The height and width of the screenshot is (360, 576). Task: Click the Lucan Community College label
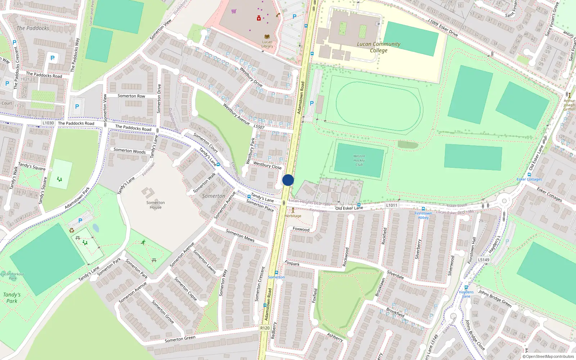378,47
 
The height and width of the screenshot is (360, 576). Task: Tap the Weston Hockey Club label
359,160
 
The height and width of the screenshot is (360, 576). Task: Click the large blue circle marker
288,180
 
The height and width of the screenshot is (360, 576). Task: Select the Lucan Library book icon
267,37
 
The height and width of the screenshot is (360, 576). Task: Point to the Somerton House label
156,205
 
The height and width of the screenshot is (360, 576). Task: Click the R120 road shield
265,328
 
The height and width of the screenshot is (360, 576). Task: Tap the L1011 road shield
392,205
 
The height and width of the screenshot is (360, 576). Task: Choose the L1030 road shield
48,123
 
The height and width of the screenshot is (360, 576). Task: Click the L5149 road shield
483,260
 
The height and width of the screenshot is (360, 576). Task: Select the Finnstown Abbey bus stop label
423,215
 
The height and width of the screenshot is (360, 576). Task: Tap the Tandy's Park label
12,298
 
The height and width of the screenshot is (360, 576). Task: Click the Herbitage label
293,216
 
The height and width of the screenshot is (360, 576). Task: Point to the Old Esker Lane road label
349,208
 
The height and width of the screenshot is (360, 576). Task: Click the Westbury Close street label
267,165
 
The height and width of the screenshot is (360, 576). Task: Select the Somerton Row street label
131,96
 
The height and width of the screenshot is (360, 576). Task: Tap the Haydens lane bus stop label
466,294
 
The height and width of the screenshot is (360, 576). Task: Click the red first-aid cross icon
258,18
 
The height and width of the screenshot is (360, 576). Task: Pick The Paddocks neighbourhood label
33,28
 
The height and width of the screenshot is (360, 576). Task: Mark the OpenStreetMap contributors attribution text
548,356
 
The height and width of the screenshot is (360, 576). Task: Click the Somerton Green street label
180,339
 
